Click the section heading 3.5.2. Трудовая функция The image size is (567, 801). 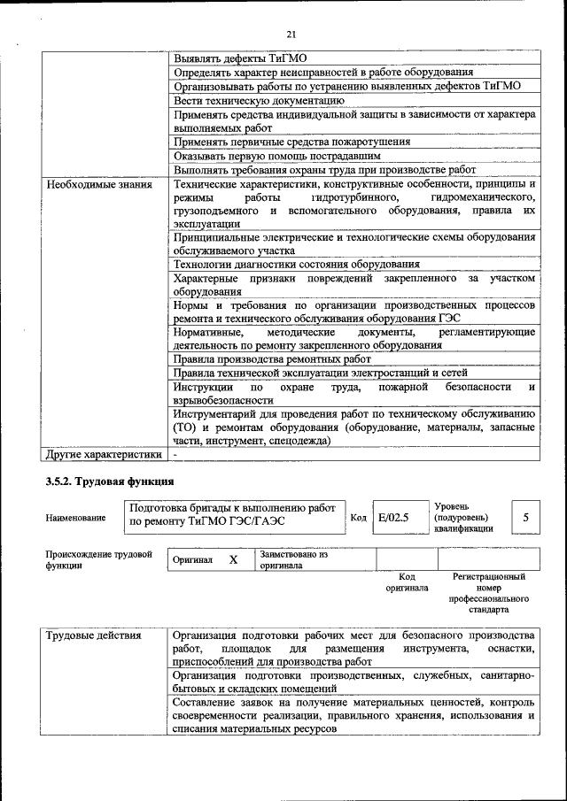108,481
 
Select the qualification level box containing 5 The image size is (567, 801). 526,517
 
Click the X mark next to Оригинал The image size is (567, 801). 233,561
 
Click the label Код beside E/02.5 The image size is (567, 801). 358,518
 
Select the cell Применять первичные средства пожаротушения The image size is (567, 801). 291,142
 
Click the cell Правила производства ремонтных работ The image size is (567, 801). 272,358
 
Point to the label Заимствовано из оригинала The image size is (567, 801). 294,560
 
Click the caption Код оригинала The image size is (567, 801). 408,581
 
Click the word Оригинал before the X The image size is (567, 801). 192,561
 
